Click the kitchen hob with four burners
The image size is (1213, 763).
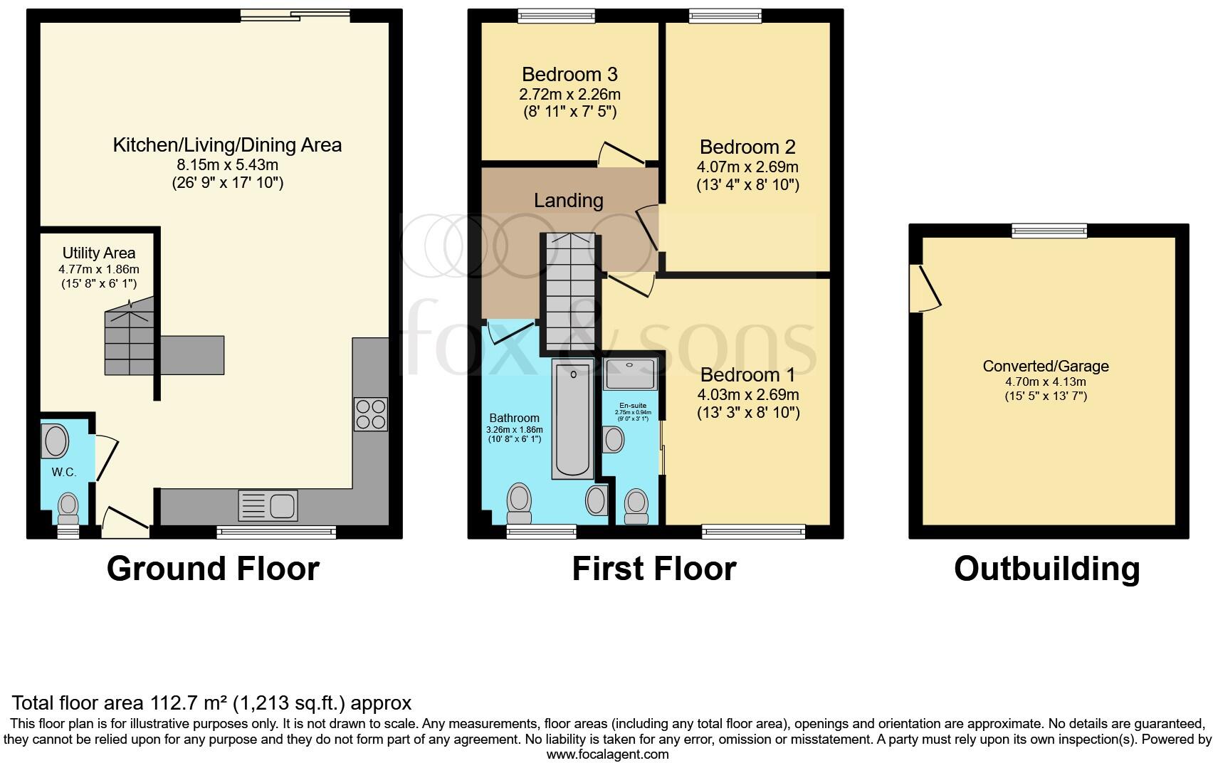coord(370,414)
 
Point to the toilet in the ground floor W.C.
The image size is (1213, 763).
coord(68,507)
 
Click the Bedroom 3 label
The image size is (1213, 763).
coord(569,74)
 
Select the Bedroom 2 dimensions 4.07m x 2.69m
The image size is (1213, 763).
coord(747,167)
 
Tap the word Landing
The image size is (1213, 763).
coord(568,201)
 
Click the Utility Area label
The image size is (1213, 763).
coord(98,253)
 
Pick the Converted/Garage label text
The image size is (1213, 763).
coord(1045,367)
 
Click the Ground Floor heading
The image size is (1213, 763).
coord(213,569)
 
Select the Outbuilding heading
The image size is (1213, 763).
coord(1046,569)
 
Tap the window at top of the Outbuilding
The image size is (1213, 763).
coord(1049,229)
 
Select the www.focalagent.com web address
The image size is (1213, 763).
coord(607,754)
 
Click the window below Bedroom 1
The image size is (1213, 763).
coord(753,530)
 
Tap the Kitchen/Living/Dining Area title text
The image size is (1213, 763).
coord(227,145)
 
